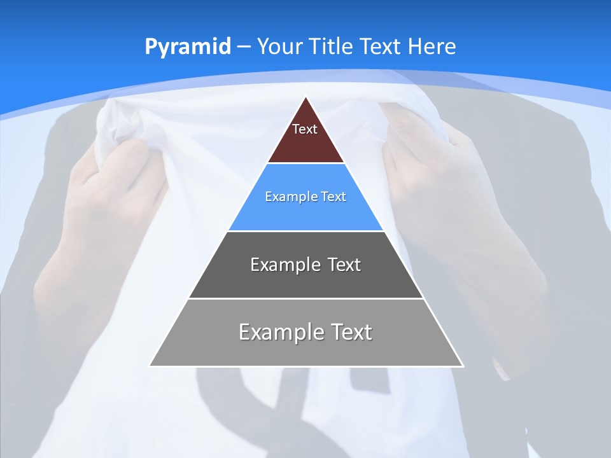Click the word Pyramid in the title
pos(188,47)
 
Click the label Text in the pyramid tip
pos(305,129)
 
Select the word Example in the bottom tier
pos(280,332)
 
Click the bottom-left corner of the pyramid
pos(150,366)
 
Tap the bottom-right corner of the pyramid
pos(463,366)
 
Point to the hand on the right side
pos(439,172)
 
